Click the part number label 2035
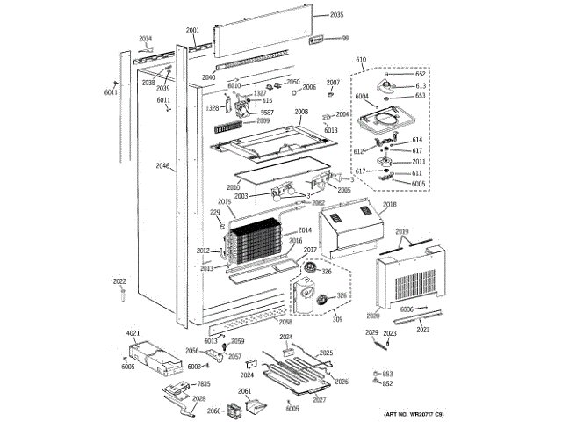[x=337, y=16]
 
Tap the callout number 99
[x=345, y=38]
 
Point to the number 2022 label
[x=119, y=281]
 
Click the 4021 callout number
[x=133, y=332]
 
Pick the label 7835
[x=203, y=383]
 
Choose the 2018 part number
[x=390, y=204]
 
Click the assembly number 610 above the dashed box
[x=361, y=60]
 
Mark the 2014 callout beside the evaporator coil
[x=305, y=230]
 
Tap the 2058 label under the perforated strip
[x=261, y=322]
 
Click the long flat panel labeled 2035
[x=263, y=36]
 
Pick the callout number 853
[x=387, y=375]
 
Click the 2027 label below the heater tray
[x=319, y=400]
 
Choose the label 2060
[x=213, y=411]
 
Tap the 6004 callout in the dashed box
[x=362, y=97]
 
